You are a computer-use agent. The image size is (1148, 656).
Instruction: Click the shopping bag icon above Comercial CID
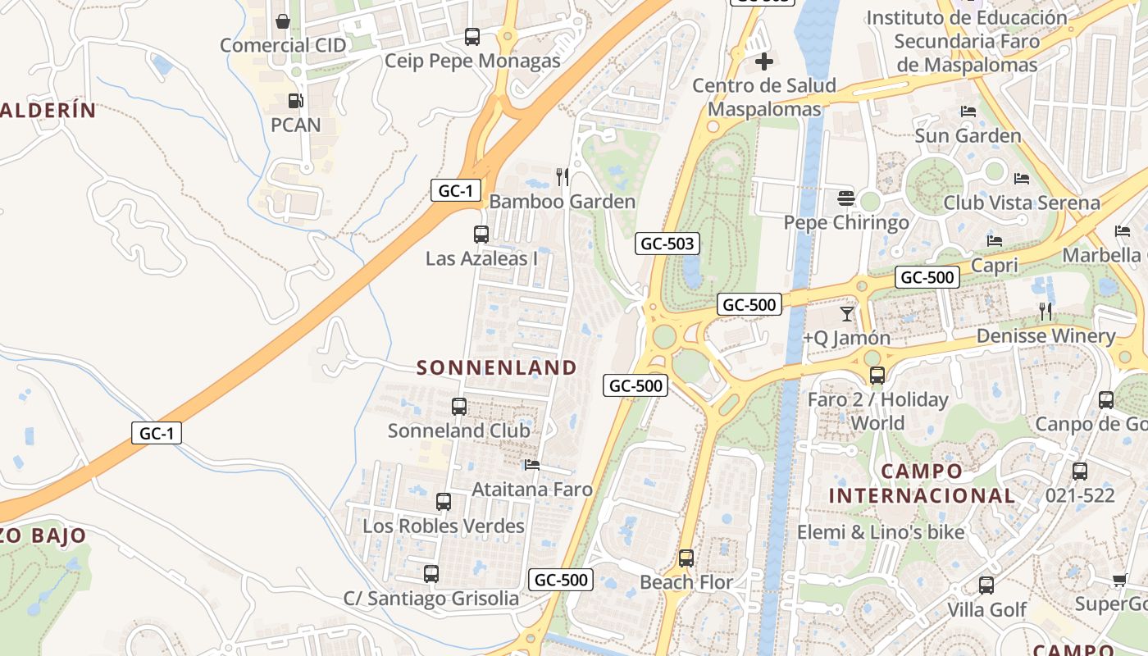[283, 20]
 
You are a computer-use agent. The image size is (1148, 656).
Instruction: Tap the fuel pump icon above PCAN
[294, 101]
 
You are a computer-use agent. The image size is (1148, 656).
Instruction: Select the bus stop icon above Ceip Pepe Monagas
[472, 36]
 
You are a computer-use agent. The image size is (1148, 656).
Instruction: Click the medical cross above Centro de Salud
[764, 61]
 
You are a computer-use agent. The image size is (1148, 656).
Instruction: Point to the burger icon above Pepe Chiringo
[846, 198]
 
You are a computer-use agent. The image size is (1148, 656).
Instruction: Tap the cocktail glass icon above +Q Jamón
[847, 313]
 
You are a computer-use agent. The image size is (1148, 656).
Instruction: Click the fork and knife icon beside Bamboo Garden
[563, 176]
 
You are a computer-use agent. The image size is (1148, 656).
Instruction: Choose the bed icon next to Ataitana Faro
[532, 465]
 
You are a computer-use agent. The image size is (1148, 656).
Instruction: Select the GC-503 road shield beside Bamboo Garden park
[667, 244]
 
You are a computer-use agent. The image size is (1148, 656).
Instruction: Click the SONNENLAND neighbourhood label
[497, 367]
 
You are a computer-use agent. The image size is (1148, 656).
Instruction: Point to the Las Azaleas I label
[481, 258]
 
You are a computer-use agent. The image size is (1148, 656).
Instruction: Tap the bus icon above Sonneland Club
[459, 406]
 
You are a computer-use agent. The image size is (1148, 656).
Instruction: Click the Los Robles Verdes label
[444, 526]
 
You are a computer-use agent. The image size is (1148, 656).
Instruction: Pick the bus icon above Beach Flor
[686, 558]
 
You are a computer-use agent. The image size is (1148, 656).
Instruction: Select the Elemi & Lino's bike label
[881, 532]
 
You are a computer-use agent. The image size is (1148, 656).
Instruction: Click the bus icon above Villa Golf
[986, 585]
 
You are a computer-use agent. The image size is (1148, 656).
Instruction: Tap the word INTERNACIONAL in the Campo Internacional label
[922, 495]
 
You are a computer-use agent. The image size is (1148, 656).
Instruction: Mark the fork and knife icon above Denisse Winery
[1045, 311]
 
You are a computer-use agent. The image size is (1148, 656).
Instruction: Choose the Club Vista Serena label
[1021, 203]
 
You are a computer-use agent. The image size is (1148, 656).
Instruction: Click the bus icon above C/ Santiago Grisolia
[431, 574]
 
